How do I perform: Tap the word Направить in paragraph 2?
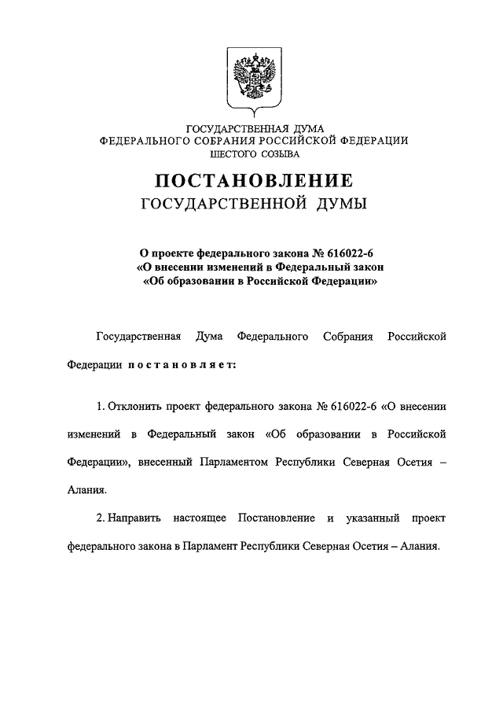134,518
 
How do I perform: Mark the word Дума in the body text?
206,337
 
